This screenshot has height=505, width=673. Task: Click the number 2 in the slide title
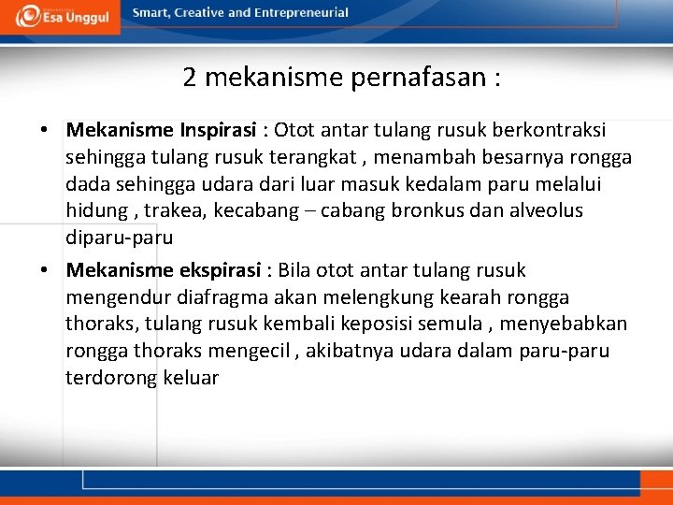coord(190,78)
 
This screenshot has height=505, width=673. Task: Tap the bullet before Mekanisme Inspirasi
coord(45,130)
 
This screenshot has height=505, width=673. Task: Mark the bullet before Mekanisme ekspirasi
coord(45,272)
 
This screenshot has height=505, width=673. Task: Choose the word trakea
coord(176,210)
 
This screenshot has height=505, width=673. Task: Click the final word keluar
coord(191,379)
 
